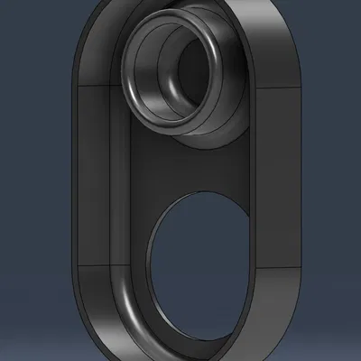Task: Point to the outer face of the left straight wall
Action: point(73,180)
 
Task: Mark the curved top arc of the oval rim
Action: point(180,7)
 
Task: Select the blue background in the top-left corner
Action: point(23,23)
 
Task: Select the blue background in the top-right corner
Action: point(338,23)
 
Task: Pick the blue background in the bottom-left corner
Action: point(23,338)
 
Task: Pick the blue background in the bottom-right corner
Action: point(338,338)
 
